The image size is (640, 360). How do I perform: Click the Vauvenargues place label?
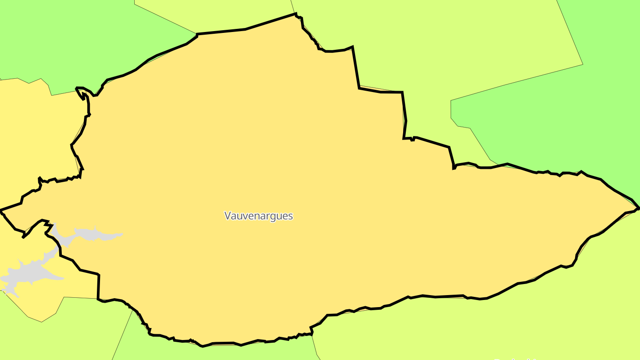[x=259, y=216]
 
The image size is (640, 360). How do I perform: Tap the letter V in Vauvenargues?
[x=228, y=216]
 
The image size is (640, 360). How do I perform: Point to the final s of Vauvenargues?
[x=291, y=216]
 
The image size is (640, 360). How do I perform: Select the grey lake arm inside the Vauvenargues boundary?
[x=89, y=234]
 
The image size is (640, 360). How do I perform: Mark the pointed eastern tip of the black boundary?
[x=639, y=208]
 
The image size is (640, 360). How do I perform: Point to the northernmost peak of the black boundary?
[x=296, y=14]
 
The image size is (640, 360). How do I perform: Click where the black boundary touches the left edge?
[x=1, y=210]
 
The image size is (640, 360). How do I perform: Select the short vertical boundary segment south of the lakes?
[x=98, y=287]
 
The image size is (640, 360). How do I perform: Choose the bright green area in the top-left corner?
[x=67, y=36]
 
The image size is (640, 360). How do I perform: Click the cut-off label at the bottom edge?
[x=516, y=358]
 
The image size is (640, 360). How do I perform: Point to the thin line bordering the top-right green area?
[x=516, y=82]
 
